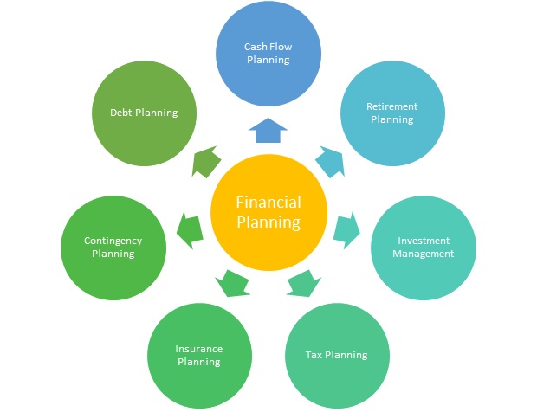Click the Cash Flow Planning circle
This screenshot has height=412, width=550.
point(269,54)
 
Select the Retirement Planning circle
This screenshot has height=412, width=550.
point(392,113)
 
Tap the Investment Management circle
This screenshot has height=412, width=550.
point(424,248)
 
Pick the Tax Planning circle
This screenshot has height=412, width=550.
point(337,356)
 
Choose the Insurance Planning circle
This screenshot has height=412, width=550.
point(199,356)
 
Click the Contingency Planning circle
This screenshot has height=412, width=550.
point(113,248)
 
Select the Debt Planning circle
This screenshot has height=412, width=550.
point(144,113)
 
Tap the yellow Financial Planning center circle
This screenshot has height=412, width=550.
point(269,212)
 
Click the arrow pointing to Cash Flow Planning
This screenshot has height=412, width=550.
point(269,131)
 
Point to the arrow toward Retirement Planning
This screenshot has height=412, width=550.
point(330,161)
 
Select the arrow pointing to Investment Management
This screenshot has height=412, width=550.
point(346,230)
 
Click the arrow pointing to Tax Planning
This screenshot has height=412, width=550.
point(304,284)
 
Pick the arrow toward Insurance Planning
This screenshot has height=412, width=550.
point(232,284)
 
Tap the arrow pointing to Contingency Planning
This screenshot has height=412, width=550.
point(190,230)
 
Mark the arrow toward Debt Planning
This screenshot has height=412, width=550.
point(206,161)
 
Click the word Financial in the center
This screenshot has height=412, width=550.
point(269,203)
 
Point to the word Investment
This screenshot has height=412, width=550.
point(424,241)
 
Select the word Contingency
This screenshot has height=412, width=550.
point(113,241)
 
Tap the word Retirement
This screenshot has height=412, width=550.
point(392,106)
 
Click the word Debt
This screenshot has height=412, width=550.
point(121,113)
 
